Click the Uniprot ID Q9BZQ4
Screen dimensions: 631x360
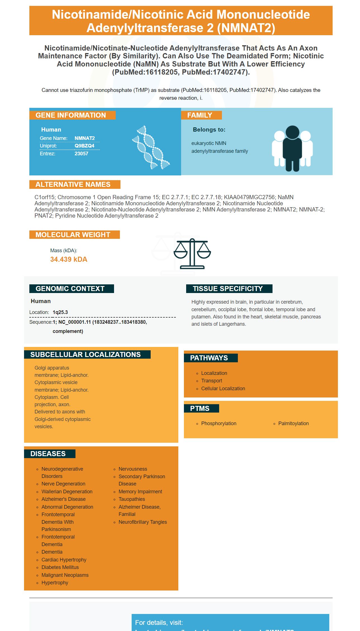(x=84, y=146)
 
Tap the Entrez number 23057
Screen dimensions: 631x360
(x=81, y=154)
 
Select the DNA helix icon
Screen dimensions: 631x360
(x=151, y=147)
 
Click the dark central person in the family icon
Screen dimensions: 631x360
(x=292, y=148)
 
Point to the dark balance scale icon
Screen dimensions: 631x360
(x=192, y=254)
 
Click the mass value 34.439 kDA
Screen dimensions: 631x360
(x=69, y=259)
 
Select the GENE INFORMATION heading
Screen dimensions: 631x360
(x=71, y=115)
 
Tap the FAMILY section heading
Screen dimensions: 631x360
(x=200, y=115)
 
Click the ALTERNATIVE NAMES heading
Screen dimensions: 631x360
(x=73, y=185)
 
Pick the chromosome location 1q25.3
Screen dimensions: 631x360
(x=60, y=312)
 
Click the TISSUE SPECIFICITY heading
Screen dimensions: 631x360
(x=228, y=289)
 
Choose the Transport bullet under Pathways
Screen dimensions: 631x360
(x=212, y=381)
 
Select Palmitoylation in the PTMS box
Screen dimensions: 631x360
(x=293, y=423)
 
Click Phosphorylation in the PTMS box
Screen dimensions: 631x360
(x=219, y=423)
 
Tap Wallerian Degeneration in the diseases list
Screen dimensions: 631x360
(x=67, y=492)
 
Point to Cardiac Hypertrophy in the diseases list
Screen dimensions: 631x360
(x=64, y=560)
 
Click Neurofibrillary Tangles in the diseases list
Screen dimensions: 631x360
(x=143, y=522)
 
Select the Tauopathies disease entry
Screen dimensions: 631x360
(x=132, y=499)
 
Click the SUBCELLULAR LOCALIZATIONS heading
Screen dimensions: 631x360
(x=86, y=355)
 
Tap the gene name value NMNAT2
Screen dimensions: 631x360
(x=85, y=138)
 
